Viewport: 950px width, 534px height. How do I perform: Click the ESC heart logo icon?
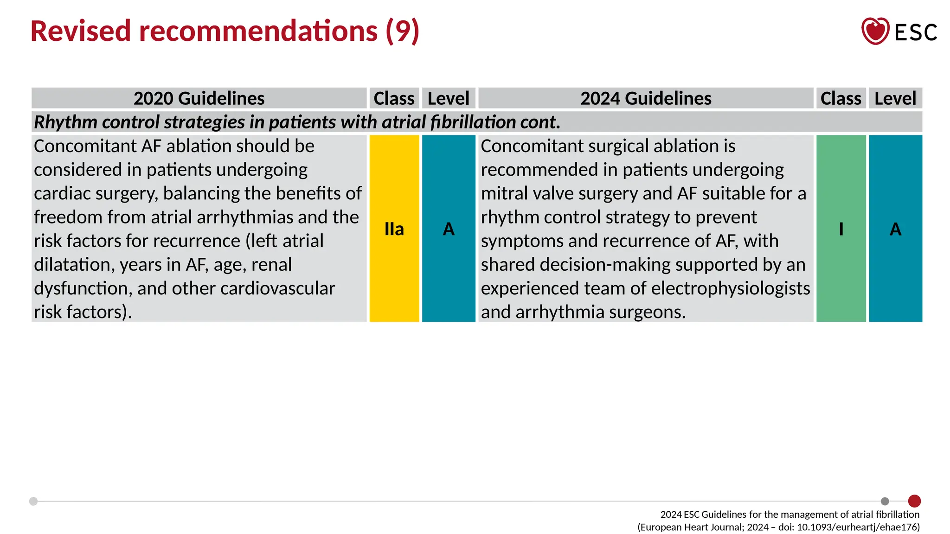875,31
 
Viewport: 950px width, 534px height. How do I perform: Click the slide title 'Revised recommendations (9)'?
225,31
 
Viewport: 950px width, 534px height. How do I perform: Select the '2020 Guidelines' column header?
199,98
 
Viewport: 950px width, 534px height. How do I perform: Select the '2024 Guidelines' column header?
646,98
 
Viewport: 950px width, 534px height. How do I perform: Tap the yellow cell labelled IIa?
394,229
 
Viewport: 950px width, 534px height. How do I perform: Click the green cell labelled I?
841,229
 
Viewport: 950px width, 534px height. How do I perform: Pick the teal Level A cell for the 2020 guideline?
449,229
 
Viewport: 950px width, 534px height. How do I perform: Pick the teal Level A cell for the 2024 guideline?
895,229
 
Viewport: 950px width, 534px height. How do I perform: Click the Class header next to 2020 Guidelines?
394,98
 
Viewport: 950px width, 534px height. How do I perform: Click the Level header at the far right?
895,98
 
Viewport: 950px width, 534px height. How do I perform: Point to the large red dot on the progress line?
914,501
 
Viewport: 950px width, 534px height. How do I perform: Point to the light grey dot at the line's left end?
33,501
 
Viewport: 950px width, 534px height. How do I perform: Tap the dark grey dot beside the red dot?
885,501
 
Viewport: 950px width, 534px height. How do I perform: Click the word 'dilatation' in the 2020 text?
74,265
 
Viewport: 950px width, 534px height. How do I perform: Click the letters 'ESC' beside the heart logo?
916,32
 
